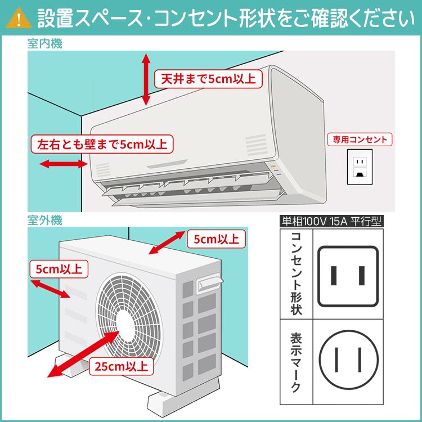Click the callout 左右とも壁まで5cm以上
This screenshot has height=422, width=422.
tap(102, 143)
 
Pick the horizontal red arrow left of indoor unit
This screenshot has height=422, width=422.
tap(62, 164)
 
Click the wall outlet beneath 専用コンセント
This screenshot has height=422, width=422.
tap(358, 166)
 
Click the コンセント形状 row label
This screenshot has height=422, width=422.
tap(296, 274)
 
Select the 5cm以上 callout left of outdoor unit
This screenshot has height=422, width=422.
tap(59, 269)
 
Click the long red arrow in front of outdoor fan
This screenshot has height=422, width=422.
tap(79, 352)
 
